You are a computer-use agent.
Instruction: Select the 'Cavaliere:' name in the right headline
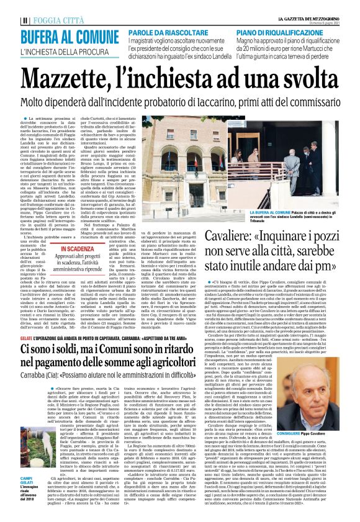(233, 218)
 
